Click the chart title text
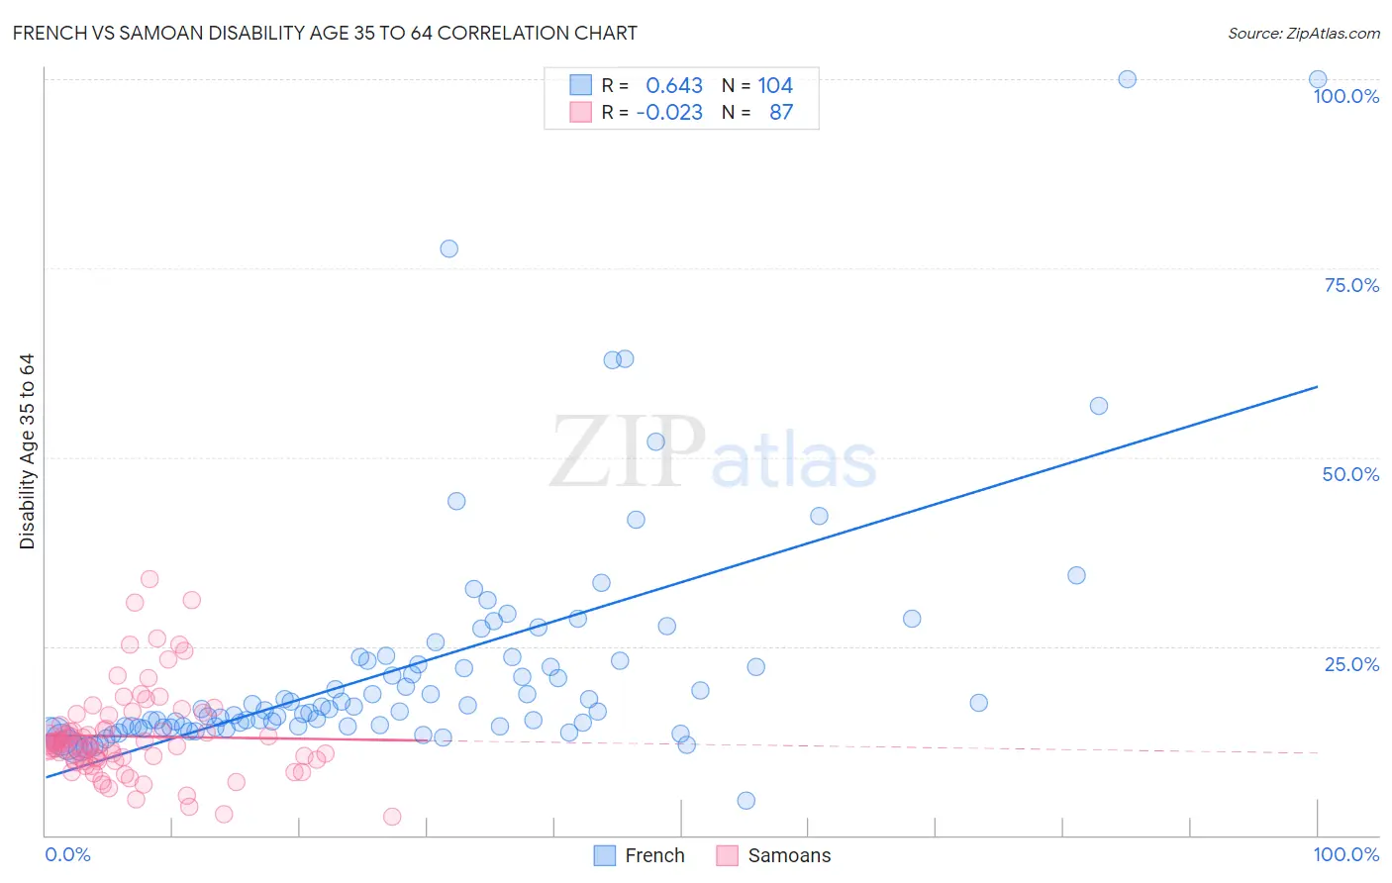coord(325,33)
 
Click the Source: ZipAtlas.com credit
coord(1303,33)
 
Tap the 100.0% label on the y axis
coord(1345,96)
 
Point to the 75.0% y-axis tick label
coord(1350,285)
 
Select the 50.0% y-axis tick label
coord(1350,474)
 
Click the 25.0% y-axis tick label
coord(1350,664)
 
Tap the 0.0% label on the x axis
coord(67,854)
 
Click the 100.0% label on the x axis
coord(1345,854)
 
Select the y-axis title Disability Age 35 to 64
coord(27,451)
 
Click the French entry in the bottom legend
coord(653,855)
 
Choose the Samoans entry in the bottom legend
coord(788,855)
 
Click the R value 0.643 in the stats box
coord(673,86)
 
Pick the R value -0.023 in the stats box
coord(669,113)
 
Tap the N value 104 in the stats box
coord(775,86)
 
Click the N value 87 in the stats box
coord(781,113)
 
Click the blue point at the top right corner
coord(1318,79)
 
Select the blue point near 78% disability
coord(448,248)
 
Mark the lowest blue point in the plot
coord(746,801)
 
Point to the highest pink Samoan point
coord(149,579)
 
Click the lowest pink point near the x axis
coord(392,817)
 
